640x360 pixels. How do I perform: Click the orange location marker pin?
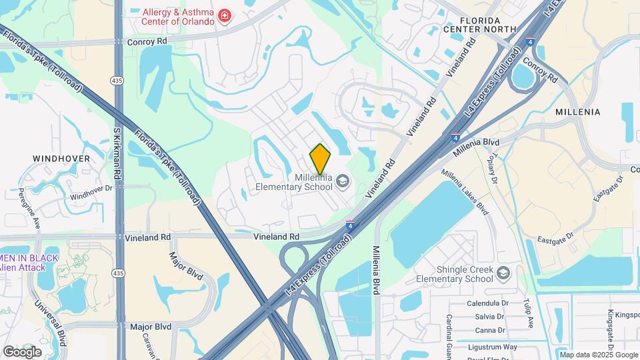[x=320, y=159]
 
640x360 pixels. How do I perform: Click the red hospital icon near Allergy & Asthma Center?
[x=225, y=15]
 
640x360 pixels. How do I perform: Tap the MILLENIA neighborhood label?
[x=577, y=112]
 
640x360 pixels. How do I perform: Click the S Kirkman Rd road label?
[x=117, y=154]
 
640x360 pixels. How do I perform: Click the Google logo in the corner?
[x=23, y=351]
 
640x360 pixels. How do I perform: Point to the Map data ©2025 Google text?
[x=599, y=355]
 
